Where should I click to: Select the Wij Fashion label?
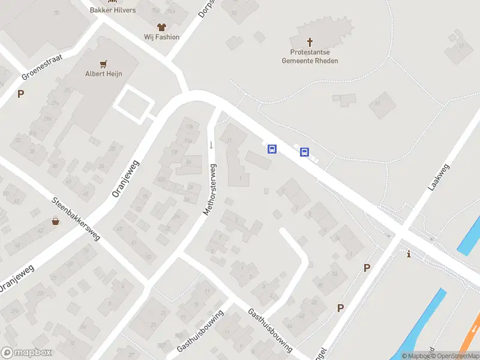click(161, 37)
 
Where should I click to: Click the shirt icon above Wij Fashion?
click(161, 26)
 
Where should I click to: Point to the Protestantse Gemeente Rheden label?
click(310, 56)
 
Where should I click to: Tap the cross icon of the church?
click(310, 42)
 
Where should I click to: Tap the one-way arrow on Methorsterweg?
click(211, 145)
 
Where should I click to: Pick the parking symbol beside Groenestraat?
click(21, 94)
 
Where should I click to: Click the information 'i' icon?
click(409, 254)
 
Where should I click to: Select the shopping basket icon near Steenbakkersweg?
click(56, 221)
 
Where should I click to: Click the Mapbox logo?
click(26, 353)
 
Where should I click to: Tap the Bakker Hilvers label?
click(112, 10)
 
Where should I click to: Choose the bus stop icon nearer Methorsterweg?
click(272, 149)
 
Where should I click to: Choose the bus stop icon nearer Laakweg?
click(304, 152)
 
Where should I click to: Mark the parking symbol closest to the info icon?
click(367, 268)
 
